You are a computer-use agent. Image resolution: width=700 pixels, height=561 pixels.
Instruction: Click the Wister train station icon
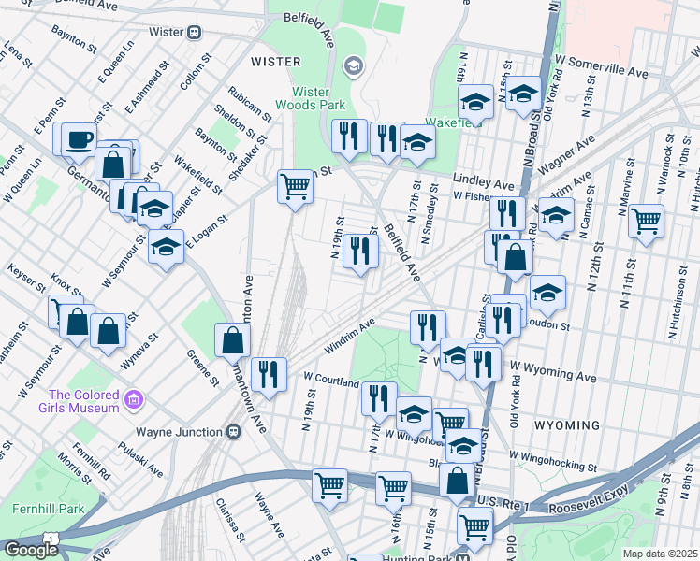pos(195,32)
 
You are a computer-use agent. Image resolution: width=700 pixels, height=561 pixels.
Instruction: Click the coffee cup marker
pos(79,139)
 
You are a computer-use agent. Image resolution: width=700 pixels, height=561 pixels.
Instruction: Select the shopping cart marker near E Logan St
pos(295,186)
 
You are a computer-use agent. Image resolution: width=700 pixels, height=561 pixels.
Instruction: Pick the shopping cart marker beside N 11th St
pos(646,222)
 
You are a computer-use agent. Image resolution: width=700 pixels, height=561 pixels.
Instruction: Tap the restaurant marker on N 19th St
pos(357,250)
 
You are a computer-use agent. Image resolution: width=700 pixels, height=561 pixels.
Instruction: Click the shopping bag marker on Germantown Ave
pos(231,341)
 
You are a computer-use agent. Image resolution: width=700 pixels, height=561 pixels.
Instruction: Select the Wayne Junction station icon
pos(233,432)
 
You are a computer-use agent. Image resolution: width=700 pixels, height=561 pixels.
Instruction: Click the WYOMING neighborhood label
pos(565,424)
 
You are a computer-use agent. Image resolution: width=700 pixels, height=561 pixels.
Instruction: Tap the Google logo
pos(30,550)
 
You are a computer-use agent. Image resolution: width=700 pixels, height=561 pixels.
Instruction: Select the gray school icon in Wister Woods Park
pos(353,64)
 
